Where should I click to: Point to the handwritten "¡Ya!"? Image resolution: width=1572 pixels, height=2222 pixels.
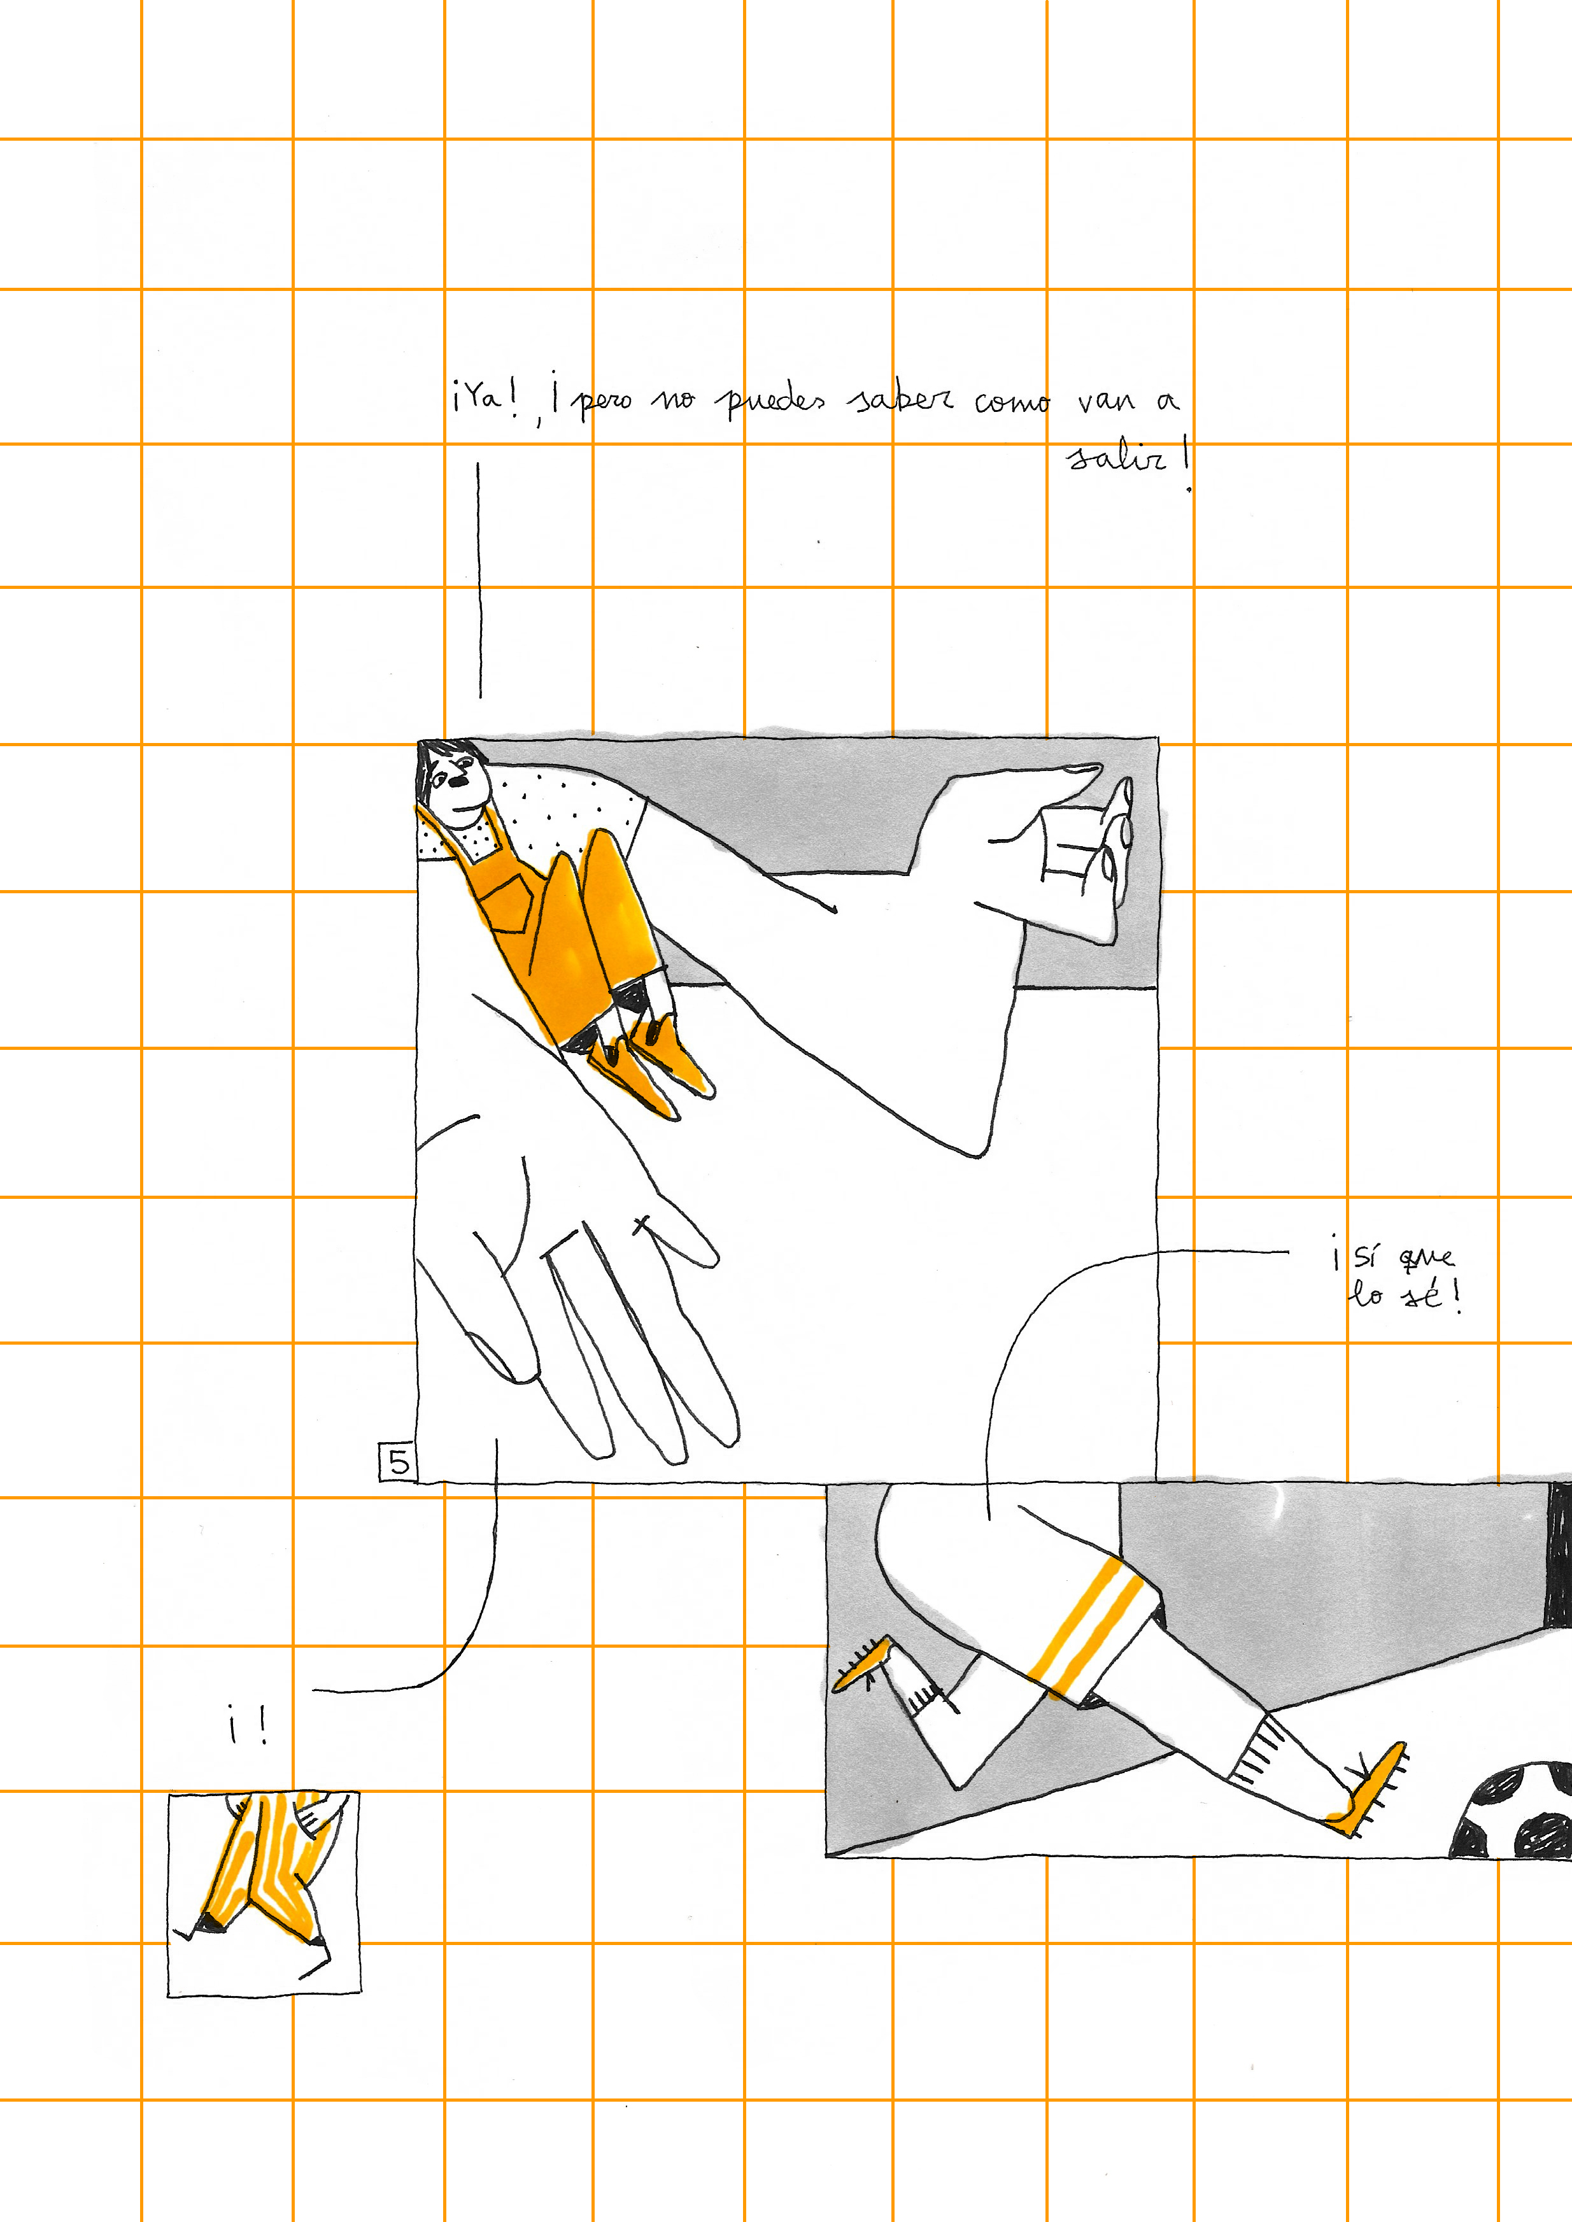484,395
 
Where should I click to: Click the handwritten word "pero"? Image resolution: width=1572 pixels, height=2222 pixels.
605,400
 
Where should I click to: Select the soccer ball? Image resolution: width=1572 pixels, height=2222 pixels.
1513,1809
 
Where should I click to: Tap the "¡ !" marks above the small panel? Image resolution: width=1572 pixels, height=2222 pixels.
247,1723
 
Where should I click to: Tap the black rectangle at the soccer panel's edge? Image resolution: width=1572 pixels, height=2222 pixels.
1559,1553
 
